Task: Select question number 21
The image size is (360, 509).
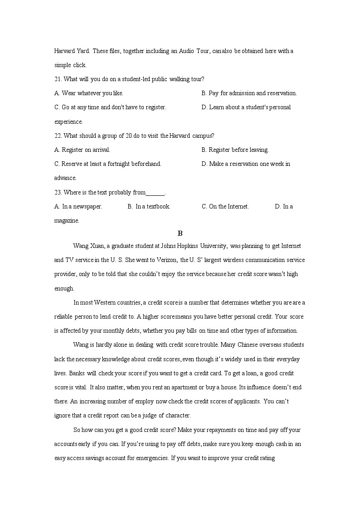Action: pos(58,79)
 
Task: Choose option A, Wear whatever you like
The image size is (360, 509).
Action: pos(89,93)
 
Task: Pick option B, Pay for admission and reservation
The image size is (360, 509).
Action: pos(249,93)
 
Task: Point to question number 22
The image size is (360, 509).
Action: pos(58,136)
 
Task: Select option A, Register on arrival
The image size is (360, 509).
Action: pos(82,150)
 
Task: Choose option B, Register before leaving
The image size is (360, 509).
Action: pos(235,150)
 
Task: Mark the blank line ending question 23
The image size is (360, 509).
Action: pos(156,193)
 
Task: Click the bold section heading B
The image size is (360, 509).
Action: pos(180,233)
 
